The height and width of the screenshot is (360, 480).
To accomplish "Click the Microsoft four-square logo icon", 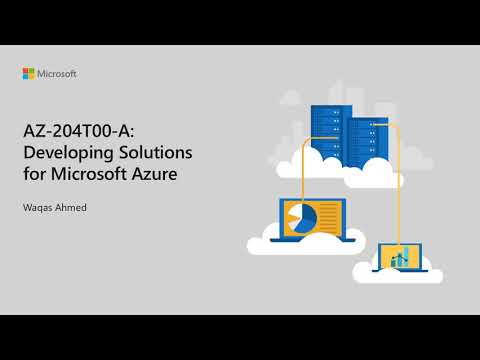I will [29, 73].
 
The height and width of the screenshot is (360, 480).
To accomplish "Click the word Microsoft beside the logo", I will [57, 73].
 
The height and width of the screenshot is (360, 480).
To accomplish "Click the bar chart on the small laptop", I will [402, 258].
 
